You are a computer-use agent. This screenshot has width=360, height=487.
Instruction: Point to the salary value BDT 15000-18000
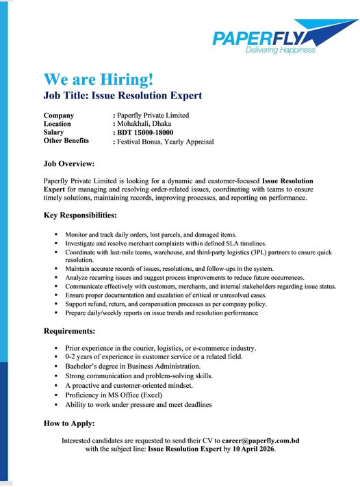(x=146, y=132)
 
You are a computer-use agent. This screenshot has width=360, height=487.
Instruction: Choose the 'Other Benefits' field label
(x=66, y=140)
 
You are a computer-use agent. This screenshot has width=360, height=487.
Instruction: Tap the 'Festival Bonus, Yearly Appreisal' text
(x=166, y=141)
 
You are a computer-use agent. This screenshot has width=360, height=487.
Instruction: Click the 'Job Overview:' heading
(x=68, y=164)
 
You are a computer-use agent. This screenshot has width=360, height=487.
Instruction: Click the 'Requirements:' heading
(x=69, y=331)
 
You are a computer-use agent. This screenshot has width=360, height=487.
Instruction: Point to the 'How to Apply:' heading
(x=69, y=423)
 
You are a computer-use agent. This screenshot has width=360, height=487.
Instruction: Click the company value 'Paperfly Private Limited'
(x=153, y=115)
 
